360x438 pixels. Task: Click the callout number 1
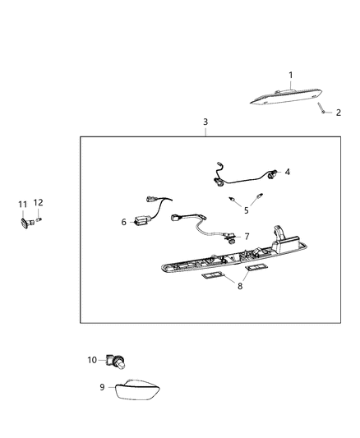(x=290, y=76)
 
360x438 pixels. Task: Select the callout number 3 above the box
(x=205, y=122)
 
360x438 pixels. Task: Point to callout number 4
(x=288, y=173)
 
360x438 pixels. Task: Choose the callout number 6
(x=124, y=222)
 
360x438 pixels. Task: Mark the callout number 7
(x=246, y=236)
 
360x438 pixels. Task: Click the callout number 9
(x=103, y=386)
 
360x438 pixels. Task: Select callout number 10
(x=92, y=359)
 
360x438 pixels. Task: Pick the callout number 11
(x=24, y=203)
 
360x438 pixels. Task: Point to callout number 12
(x=38, y=203)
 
